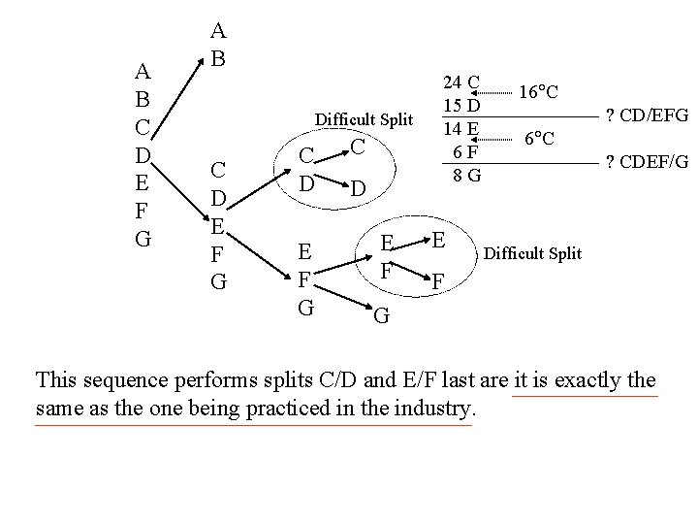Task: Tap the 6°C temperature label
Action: pos(539,139)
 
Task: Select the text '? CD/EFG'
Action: pos(646,116)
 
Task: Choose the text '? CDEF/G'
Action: pos(646,161)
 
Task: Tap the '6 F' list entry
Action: pos(462,151)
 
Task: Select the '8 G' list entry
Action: pos(462,176)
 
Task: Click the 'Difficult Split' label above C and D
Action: pos(365,120)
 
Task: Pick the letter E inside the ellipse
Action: pos(437,239)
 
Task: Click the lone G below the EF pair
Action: pos(380,314)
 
